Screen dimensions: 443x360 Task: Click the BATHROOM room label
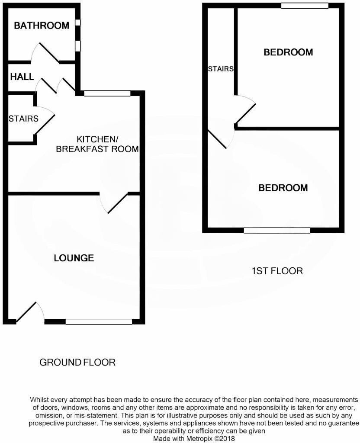pyautogui.click(x=42, y=26)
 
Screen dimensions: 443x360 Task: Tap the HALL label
pyautogui.click(x=22, y=77)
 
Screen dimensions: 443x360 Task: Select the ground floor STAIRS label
pyautogui.click(x=23, y=119)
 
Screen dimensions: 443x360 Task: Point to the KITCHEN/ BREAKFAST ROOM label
pyautogui.click(x=107, y=144)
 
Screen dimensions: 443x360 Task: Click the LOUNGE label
pyautogui.click(x=74, y=258)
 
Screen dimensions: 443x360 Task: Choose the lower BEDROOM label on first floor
pyautogui.click(x=283, y=188)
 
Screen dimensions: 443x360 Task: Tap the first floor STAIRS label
pyautogui.click(x=221, y=69)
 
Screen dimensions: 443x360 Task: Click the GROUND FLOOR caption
pyautogui.click(x=77, y=362)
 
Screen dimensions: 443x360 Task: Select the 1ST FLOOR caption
pyautogui.click(x=277, y=271)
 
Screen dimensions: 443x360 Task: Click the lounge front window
pyautogui.click(x=99, y=321)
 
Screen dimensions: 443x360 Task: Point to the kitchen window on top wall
pyautogui.click(x=107, y=93)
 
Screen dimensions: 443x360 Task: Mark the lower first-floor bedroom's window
pyautogui.click(x=277, y=231)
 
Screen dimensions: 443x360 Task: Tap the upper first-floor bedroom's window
pyautogui.click(x=304, y=6)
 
